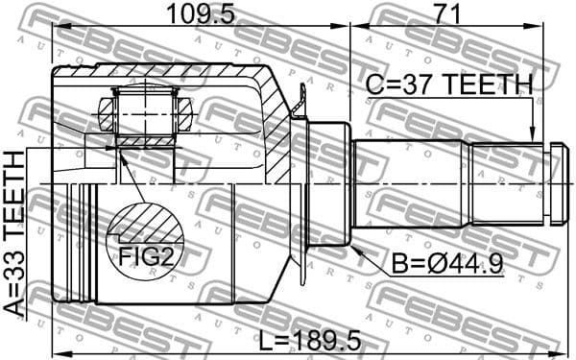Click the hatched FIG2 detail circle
tap(144, 240)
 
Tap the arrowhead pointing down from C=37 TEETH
tap(532, 136)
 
